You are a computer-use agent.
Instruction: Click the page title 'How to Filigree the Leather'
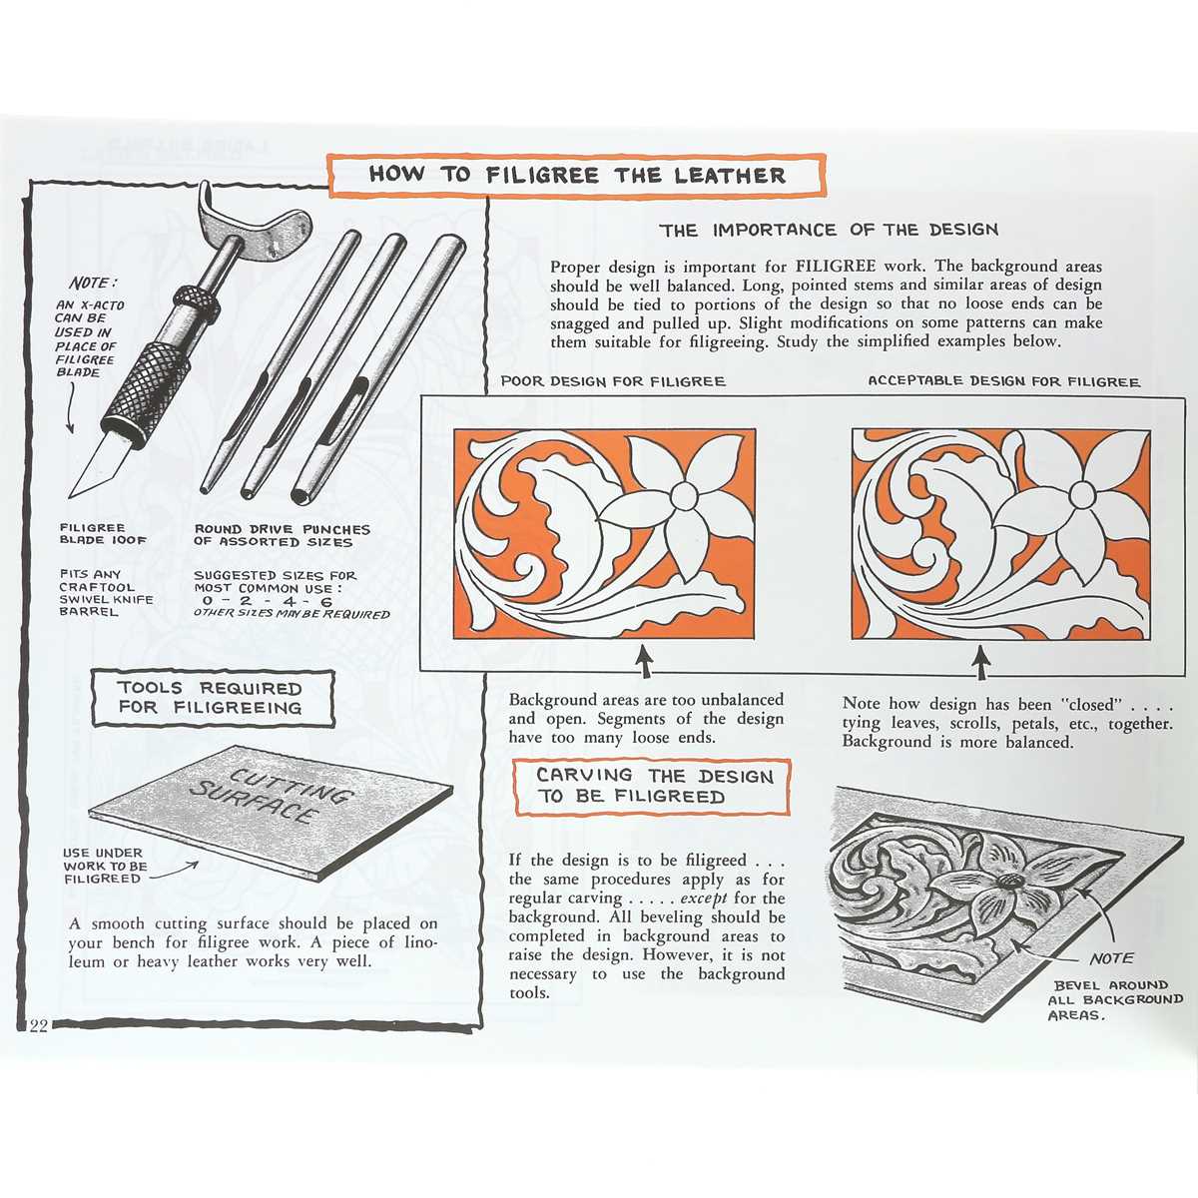point(577,175)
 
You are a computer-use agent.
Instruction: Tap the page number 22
point(38,1026)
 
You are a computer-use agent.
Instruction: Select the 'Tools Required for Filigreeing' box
point(210,698)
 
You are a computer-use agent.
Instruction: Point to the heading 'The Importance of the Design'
point(828,230)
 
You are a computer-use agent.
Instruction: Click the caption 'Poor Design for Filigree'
point(613,381)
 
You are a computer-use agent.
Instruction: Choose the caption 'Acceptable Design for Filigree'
point(1003,381)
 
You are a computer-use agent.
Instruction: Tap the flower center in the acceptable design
point(1082,494)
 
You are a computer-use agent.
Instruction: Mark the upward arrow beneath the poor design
point(645,663)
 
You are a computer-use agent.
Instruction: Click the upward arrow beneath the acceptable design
point(982,663)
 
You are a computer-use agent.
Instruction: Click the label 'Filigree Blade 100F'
point(103,534)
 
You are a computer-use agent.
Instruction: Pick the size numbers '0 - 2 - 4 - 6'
point(267,601)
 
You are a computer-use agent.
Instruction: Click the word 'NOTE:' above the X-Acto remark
point(93,284)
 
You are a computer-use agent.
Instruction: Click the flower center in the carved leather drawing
point(1006,882)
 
